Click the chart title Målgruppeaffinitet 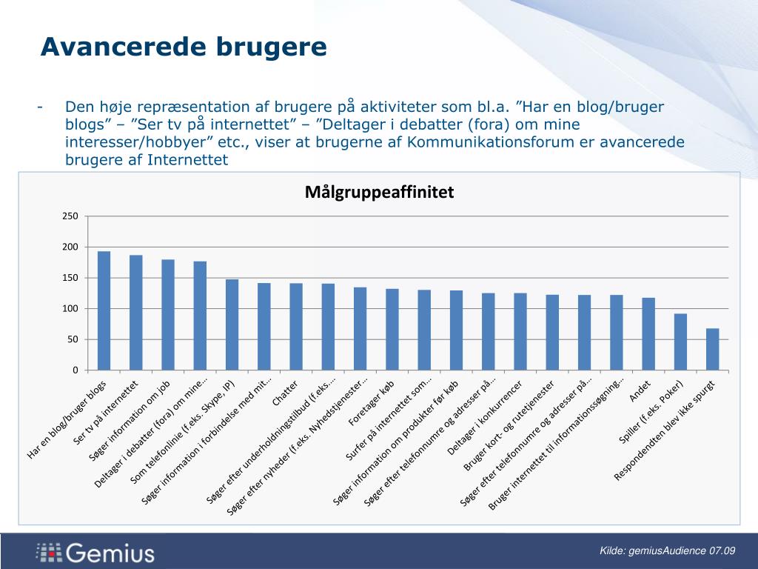378,193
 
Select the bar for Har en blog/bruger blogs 104,310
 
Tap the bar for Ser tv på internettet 136,313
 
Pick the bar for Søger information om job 168,315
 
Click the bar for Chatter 296,326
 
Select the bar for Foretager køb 392,329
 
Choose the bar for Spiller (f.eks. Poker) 680,342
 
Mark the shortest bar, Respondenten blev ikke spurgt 712,349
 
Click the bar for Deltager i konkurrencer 520,331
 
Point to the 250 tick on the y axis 70,216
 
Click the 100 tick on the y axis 70,308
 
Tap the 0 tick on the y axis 75,370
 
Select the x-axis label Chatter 285,393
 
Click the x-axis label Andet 640,390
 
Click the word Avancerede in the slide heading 122,47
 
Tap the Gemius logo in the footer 95,552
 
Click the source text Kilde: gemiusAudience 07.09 667,550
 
